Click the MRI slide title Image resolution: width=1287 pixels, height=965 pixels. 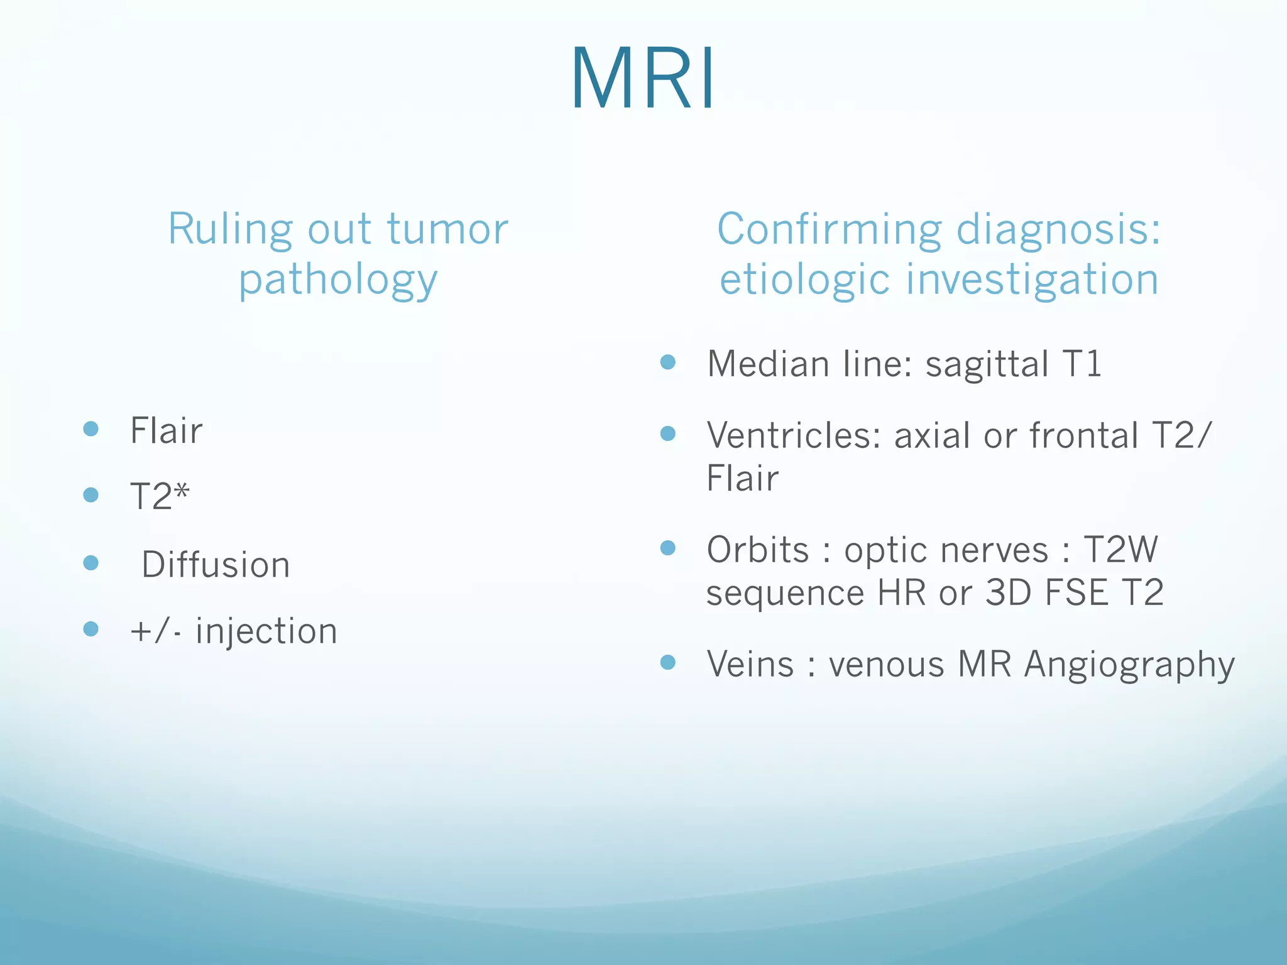pos(643,79)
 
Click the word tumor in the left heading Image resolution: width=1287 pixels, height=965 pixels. pos(447,229)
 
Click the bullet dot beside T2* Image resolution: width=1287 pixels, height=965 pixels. pos(91,495)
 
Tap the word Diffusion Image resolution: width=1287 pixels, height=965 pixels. pos(216,564)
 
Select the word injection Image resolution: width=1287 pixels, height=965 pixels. pos(266,631)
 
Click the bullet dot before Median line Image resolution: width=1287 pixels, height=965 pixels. pos(668,362)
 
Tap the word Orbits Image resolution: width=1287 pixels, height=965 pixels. pos(758,550)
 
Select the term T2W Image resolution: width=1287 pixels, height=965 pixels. pos(1120,550)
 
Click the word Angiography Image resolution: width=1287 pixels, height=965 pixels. pos(1129,665)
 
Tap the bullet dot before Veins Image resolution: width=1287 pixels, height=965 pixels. pos(668,662)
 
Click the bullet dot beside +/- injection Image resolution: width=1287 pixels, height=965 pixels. pos(91,629)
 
